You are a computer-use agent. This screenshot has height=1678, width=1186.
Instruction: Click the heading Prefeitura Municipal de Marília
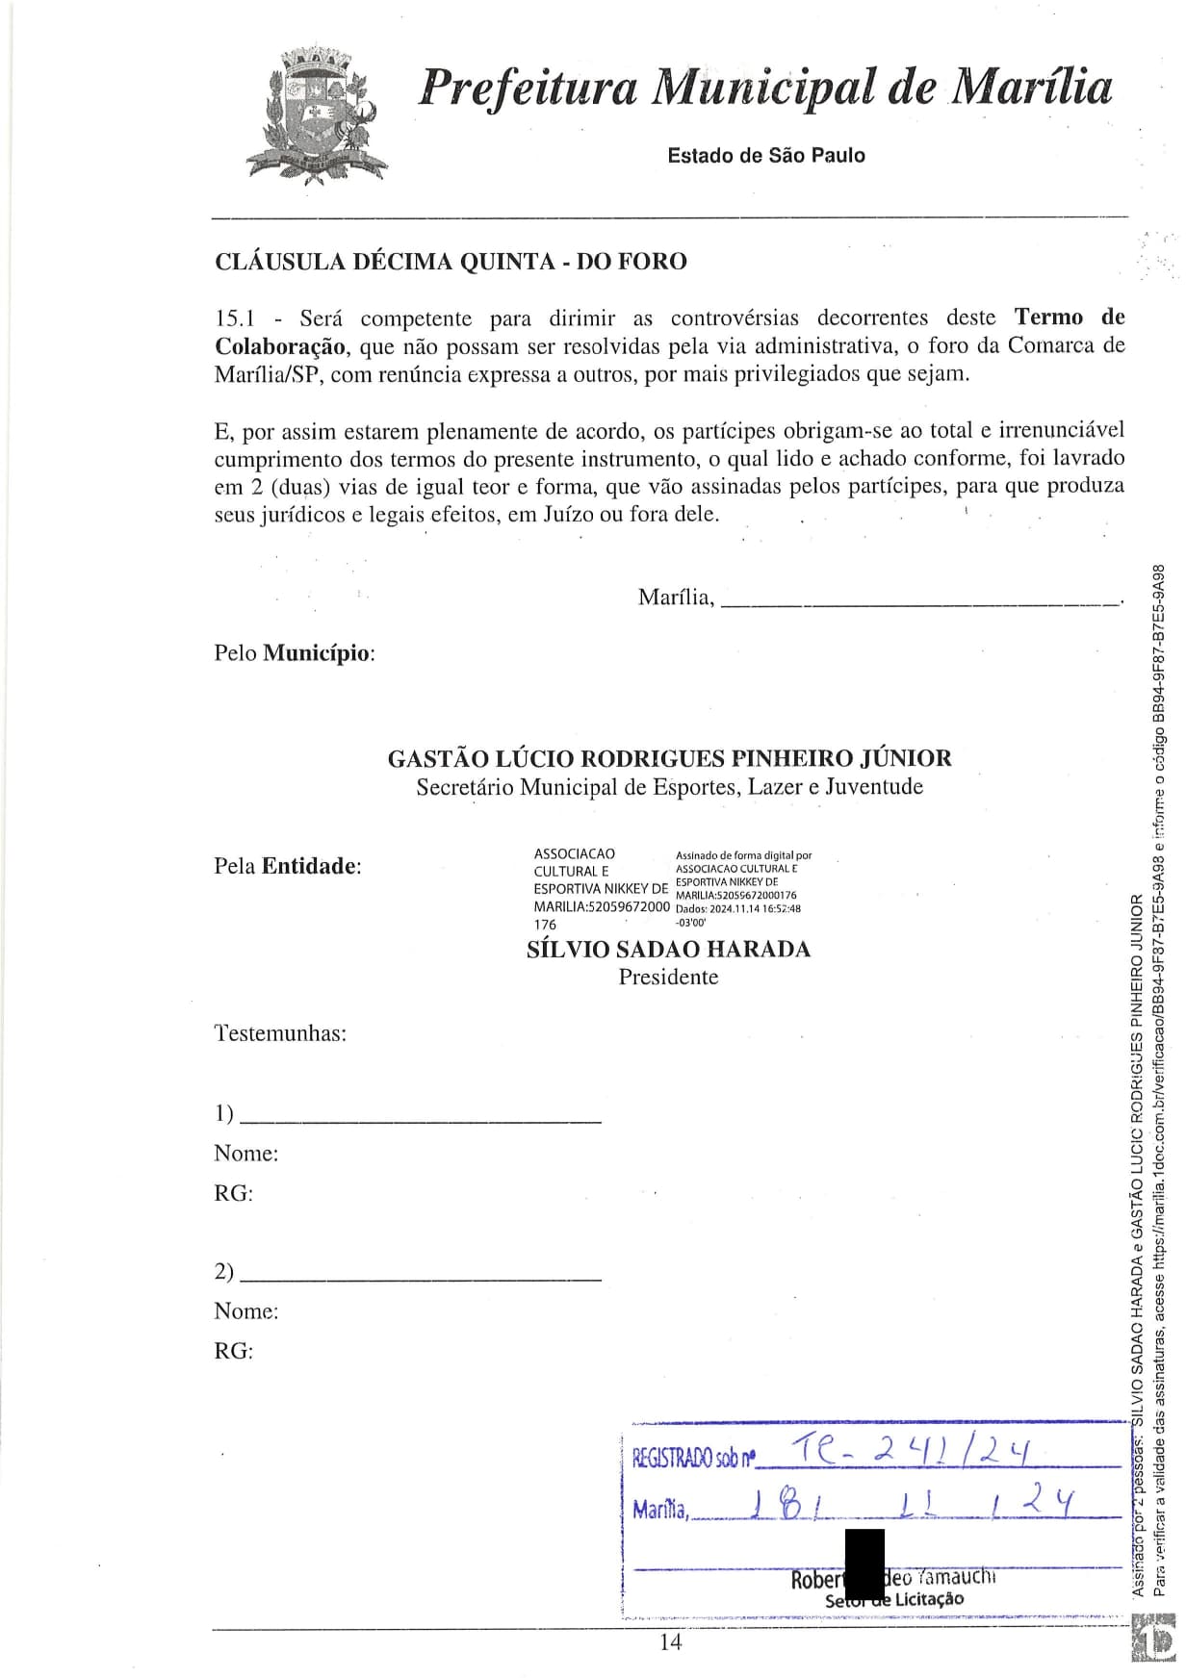pos(766,88)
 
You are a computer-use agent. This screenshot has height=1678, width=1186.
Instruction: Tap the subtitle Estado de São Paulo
pos(766,156)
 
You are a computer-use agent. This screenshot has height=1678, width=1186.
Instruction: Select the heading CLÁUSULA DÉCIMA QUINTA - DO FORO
pos(451,262)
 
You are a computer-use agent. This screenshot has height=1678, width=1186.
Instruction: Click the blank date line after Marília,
pos(919,602)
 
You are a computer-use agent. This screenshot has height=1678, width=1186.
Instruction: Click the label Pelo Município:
pos(294,653)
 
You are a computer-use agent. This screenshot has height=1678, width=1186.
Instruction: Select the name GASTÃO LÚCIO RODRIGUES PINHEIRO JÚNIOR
pos(669,758)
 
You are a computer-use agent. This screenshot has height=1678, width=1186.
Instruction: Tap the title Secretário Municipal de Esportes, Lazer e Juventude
pos(669,787)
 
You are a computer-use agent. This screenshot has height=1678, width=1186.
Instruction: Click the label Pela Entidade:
pos(288,866)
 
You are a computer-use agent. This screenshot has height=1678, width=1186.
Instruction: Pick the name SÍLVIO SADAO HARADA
pos(669,950)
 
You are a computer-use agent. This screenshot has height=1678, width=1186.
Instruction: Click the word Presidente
pos(669,978)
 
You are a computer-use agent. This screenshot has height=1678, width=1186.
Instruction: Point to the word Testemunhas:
pos(280,1034)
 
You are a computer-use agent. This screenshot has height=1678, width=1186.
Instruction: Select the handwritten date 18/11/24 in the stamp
pos(910,1504)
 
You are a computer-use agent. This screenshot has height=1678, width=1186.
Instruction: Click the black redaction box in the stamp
pos(864,1563)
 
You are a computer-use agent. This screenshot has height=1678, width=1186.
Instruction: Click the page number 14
pos(671,1642)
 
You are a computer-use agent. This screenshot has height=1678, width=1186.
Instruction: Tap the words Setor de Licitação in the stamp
pos(894,1601)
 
